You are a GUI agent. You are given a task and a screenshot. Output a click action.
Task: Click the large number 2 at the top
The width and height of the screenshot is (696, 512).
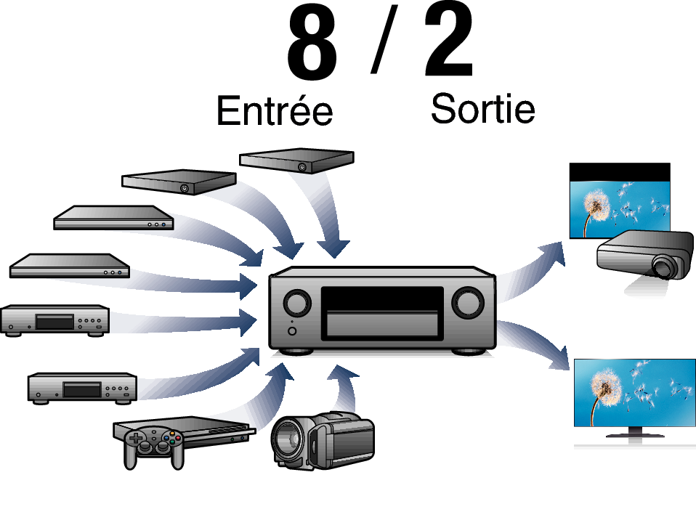pyautogui.click(x=449, y=40)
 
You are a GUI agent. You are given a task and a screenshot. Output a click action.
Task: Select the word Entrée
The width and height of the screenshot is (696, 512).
pyautogui.click(x=275, y=110)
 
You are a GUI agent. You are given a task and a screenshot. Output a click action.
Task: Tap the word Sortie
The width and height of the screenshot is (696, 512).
pyautogui.click(x=483, y=108)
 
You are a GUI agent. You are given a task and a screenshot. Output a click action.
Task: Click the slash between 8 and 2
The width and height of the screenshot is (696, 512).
pyautogui.click(x=384, y=39)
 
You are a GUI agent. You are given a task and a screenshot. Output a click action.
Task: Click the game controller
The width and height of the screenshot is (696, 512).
pyautogui.click(x=153, y=447)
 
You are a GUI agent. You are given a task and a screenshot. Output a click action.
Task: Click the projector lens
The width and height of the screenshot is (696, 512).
pyautogui.click(x=663, y=267)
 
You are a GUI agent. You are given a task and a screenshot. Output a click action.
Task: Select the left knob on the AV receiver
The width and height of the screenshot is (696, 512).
pyautogui.click(x=297, y=303)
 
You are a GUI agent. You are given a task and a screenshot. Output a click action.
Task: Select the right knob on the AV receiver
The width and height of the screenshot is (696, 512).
pyautogui.click(x=467, y=303)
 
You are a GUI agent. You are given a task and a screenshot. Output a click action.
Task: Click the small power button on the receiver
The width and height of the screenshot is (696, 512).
pyautogui.click(x=292, y=331)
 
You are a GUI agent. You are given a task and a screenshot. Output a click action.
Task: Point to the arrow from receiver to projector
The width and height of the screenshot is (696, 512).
pyautogui.click(x=530, y=271)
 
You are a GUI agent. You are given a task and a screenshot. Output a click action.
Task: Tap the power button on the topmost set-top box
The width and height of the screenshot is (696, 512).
pyautogui.click(x=302, y=167)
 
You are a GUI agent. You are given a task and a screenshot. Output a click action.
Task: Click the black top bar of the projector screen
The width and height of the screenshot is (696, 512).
pyautogui.click(x=620, y=172)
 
